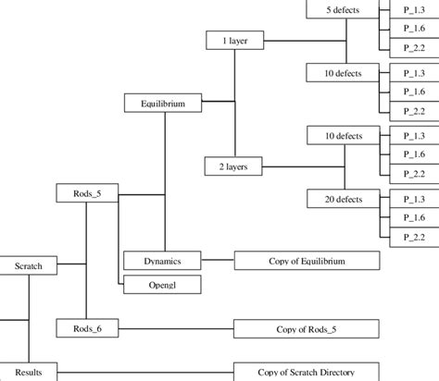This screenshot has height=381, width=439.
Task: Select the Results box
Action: click(28, 372)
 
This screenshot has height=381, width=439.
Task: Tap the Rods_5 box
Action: click(86, 194)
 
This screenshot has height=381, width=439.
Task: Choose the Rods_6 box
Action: click(86, 328)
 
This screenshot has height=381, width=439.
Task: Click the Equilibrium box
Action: click(163, 104)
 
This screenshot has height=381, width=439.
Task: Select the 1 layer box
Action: click(234, 43)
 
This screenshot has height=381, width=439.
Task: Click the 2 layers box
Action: click(234, 166)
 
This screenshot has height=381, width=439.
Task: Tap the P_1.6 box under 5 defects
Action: click(408, 29)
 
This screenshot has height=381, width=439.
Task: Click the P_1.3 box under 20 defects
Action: click(408, 198)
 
